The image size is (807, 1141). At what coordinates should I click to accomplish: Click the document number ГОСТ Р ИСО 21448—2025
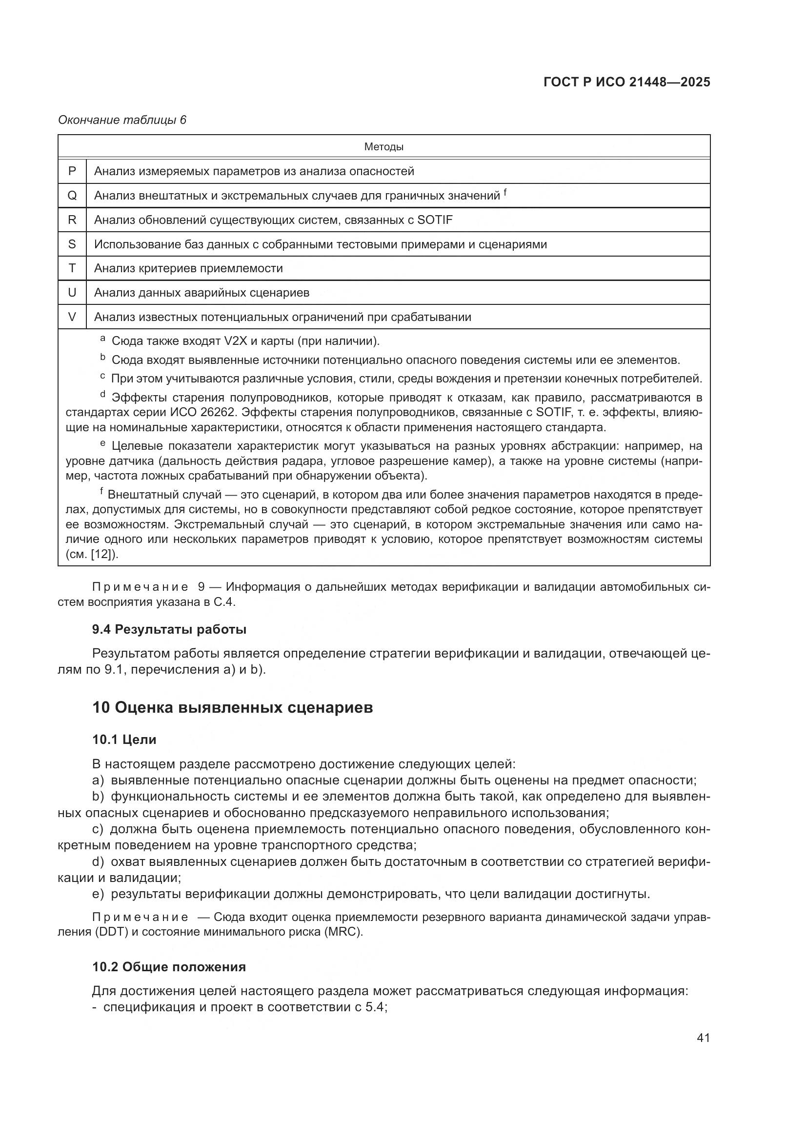(x=626, y=82)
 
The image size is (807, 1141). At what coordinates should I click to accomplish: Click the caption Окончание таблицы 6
(x=122, y=120)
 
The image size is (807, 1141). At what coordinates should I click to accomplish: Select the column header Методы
(x=383, y=147)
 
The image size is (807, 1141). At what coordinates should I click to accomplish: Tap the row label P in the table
(x=72, y=171)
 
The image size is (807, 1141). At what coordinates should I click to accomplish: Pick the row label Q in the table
(x=72, y=195)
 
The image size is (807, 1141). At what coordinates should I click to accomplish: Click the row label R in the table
(x=72, y=220)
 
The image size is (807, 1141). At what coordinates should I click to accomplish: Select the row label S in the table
(x=72, y=244)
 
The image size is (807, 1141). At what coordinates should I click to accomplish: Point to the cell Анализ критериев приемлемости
(x=188, y=268)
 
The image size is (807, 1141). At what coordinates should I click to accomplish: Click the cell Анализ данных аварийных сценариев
(x=202, y=293)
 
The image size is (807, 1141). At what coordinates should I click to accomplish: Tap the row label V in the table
(x=72, y=317)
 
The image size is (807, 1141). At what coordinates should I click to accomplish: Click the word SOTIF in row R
(x=435, y=220)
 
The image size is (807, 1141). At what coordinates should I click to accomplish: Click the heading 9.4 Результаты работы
(x=169, y=630)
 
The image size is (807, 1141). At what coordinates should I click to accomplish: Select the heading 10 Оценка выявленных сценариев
(x=233, y=707)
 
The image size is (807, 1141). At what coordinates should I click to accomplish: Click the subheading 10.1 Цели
(x=124, y=740)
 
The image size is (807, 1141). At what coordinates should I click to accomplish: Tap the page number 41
(x=703, y=1038)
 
